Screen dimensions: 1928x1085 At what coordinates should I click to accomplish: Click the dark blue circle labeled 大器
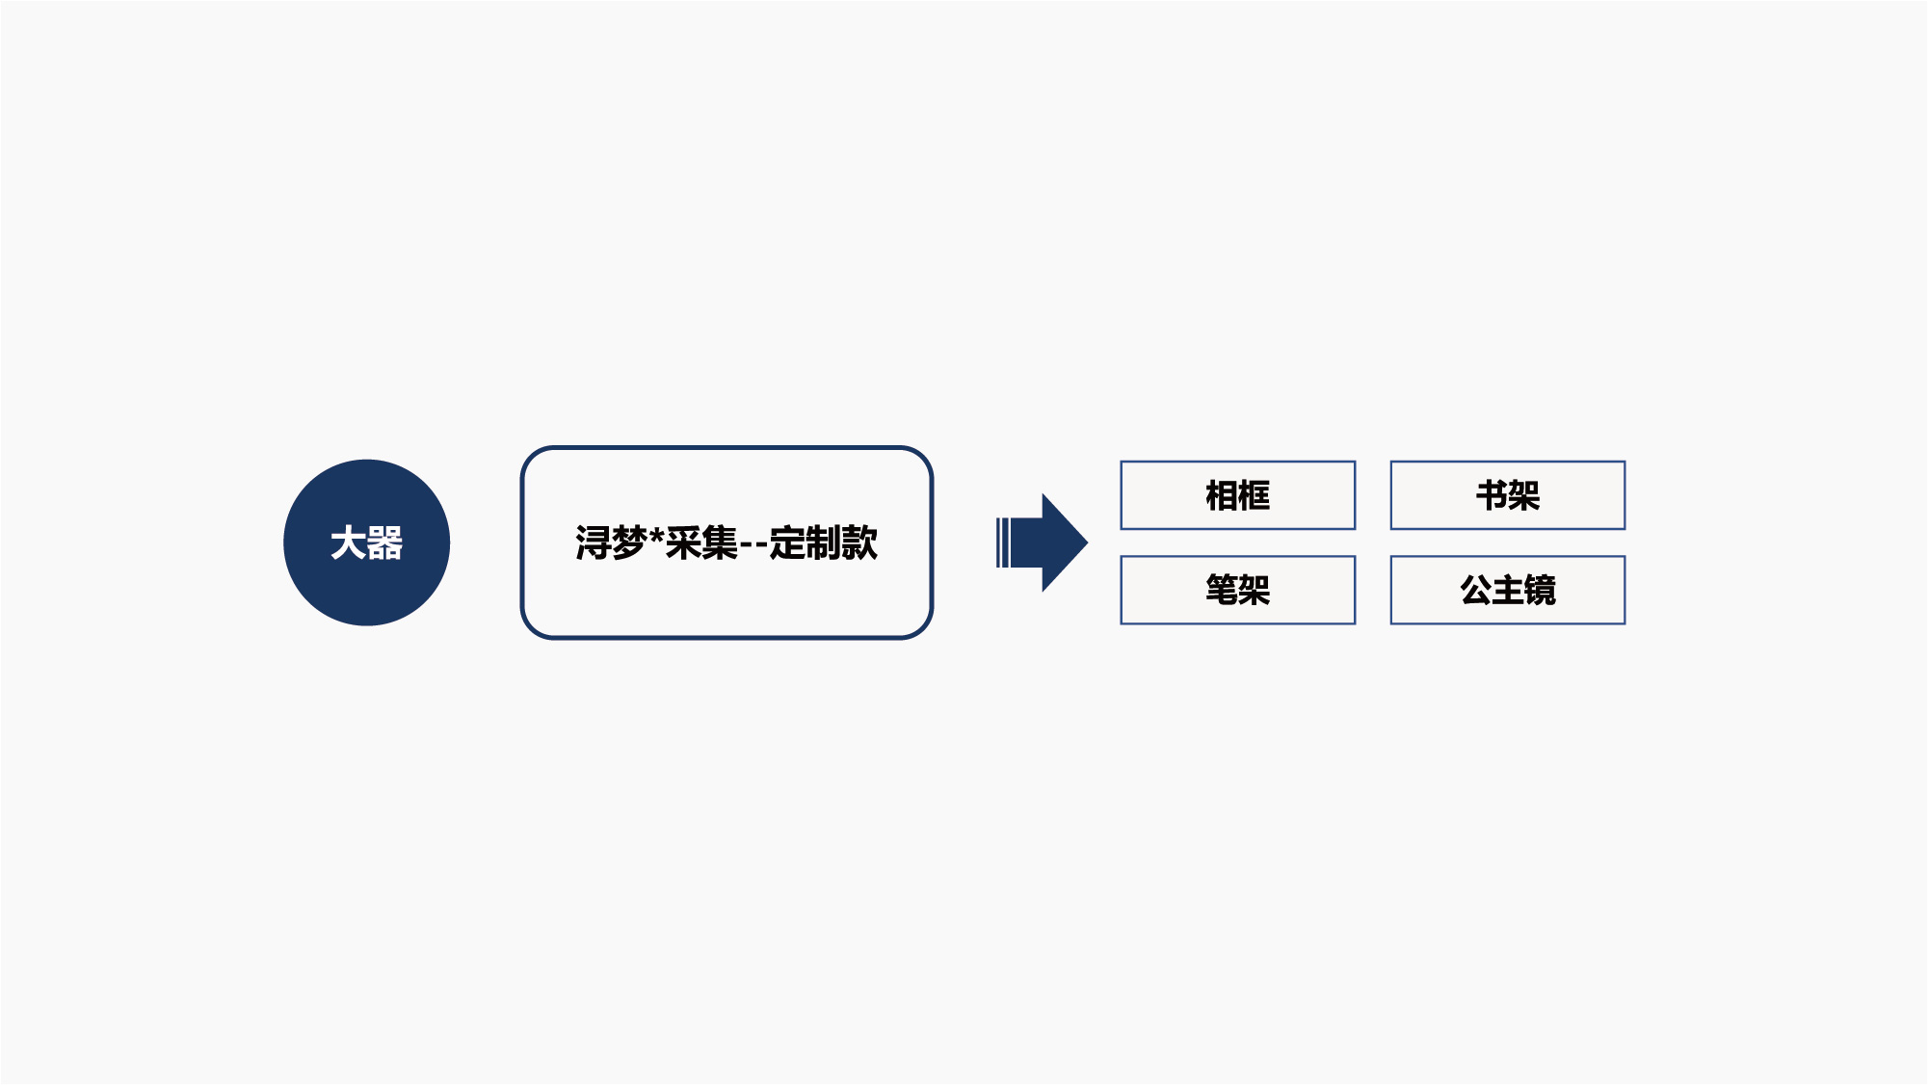366,542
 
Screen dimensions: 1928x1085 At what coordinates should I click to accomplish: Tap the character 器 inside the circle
384,543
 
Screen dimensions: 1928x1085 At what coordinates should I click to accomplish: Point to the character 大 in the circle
348,543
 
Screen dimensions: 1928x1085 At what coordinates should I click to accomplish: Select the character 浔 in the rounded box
593,542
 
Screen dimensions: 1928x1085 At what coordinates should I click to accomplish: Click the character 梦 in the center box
628,542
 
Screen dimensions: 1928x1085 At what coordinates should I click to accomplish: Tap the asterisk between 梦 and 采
656,536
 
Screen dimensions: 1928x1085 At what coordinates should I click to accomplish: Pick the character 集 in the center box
720,542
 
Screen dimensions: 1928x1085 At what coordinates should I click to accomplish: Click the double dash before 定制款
753,545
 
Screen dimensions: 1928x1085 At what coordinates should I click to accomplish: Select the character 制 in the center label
824,542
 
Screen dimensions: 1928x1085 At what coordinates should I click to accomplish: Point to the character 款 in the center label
860,542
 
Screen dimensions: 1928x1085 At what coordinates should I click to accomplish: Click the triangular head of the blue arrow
1064,542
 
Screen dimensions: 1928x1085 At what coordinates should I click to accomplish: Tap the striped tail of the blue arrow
1003,542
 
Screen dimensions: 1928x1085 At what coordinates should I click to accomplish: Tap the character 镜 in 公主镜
1541,590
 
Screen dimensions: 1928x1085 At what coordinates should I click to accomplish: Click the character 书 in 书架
1492,495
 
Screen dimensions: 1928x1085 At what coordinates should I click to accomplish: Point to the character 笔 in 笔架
1222,590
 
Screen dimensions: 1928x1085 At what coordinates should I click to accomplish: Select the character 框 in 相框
1255,495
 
